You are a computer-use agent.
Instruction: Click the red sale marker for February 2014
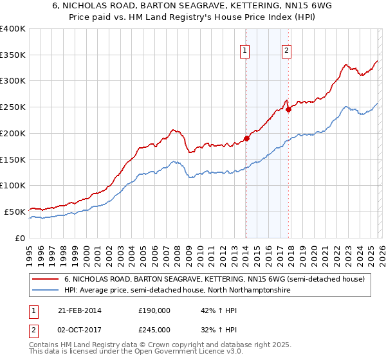pyautogui.click(x=246, y=138)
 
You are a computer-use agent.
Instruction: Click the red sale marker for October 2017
pyautogui.click(x=288, y=109)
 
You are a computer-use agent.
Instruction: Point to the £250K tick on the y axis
pyautogui.click(x=13, y=107)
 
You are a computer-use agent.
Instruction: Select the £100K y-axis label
pyautogui.click(x=13, y=186)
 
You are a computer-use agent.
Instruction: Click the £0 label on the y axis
pyautogui.click(x=19, y=238)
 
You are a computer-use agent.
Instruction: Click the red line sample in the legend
pyautogui.click(x=46, y=279)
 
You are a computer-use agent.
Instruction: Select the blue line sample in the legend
pyautogui.click(x=46, y=291)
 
